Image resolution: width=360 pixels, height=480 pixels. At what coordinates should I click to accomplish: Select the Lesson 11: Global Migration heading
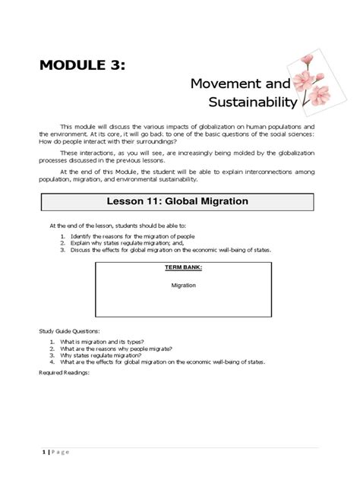[179, 201]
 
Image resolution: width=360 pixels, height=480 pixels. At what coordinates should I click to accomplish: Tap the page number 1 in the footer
[44, 453]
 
